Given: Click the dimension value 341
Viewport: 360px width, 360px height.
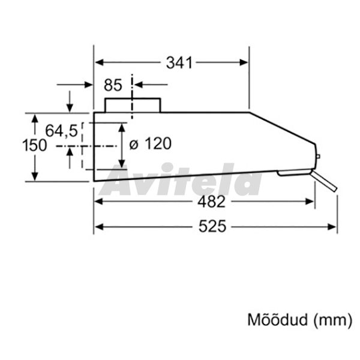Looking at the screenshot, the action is click(x=179, y=62).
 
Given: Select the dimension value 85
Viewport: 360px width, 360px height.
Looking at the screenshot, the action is click(x=113, y=85).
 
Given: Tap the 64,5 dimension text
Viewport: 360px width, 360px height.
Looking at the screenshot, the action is click(x=61, y=131).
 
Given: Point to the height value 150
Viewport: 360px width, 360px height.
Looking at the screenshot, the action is click(x=34, y=146).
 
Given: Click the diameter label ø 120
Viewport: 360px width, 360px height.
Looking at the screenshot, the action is click(x=151, y=144).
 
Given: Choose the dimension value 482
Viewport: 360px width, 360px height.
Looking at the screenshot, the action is click(x=211, y=202).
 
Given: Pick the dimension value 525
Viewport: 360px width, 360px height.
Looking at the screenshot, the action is click(x=212, y=227).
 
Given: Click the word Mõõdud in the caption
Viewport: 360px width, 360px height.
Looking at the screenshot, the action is click(x=277, y=319).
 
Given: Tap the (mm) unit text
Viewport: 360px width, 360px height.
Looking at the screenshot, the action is click(x=332, y=320).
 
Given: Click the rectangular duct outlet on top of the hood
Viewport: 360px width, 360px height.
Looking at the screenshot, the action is click(x=133, y=105).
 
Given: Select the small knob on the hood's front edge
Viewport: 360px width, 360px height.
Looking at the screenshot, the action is click(x=318, y=157).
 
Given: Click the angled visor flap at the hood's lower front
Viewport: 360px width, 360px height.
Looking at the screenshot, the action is click(x=324, y=181).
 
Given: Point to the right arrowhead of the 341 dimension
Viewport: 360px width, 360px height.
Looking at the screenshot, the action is click(x=244, y=62).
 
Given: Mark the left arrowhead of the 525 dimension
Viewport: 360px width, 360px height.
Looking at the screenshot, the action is click(x=99, y=227).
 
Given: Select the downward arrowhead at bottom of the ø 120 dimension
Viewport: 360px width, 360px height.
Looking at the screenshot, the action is click(x=122, y=163).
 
